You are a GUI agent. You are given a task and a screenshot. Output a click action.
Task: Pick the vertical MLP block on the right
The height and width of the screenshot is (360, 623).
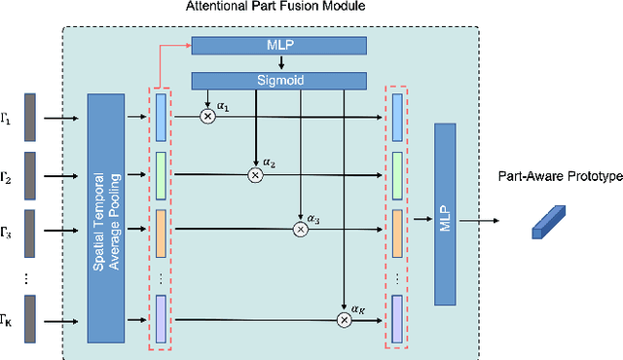point(446,222)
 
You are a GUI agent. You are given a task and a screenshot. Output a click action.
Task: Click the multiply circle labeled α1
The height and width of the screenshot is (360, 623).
point(207,117)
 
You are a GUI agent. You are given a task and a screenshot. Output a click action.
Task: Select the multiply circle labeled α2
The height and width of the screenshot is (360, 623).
point(255,175)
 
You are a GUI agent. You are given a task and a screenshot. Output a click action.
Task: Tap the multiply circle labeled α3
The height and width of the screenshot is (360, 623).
point(301,230)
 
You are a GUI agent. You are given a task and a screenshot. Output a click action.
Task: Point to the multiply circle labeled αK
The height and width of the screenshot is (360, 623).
point(344,319)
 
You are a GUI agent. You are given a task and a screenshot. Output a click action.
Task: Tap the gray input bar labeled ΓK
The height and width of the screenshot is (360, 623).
point(30,319)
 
